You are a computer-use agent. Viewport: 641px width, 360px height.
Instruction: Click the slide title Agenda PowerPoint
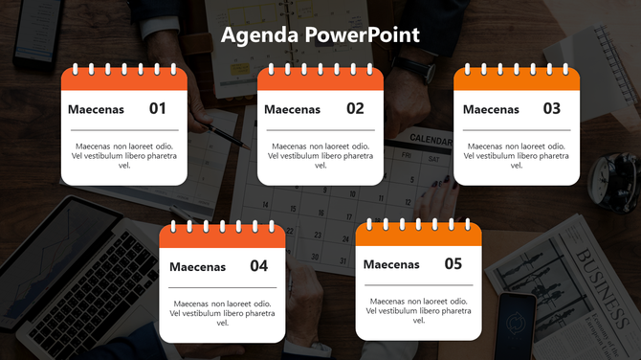point(320,35)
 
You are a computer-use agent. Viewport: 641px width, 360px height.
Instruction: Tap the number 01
point(158,109)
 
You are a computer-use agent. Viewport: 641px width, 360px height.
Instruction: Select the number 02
point(355,109)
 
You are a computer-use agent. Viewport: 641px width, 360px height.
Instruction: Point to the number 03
point(551,109)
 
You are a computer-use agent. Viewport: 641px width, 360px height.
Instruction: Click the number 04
point(259,266)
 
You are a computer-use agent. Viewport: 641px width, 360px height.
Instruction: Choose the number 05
point(453,264)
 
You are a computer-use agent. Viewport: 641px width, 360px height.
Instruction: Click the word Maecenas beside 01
point(96,110)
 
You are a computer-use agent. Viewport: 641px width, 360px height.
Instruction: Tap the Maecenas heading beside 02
point(292,110)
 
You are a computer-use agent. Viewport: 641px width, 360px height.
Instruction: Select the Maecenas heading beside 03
point(491,110)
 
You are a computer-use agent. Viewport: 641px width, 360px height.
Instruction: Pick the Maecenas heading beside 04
point(197,267)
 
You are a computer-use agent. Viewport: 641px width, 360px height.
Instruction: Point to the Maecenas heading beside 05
point(391,265)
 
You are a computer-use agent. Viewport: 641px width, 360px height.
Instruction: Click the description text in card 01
point(124,155)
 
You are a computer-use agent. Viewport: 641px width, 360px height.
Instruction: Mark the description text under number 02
point(320,155)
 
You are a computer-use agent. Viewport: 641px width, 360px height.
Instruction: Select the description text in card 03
point(517,155)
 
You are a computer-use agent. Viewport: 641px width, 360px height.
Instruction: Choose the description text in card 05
point(418,310)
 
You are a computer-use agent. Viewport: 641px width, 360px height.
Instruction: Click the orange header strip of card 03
point(517,79)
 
